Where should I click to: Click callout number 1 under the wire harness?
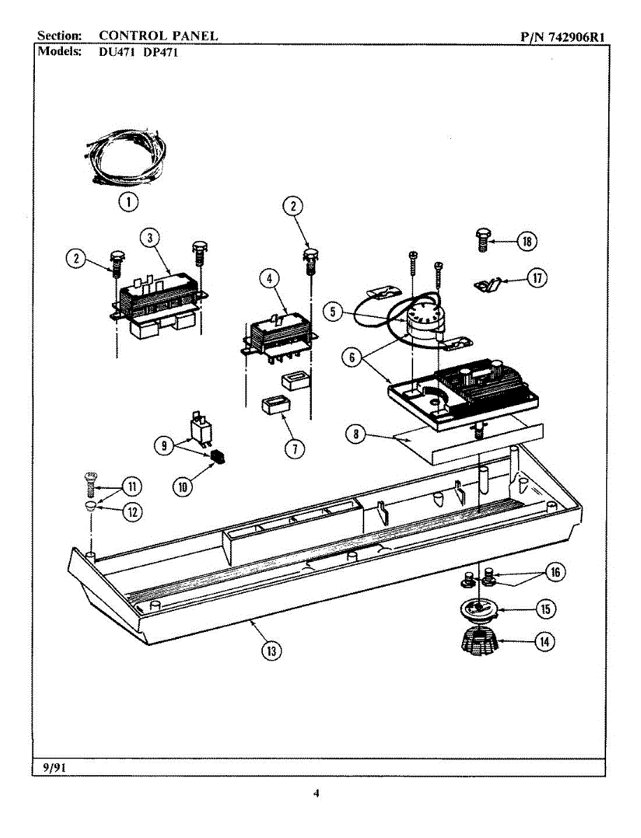127,202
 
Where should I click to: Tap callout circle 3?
150,237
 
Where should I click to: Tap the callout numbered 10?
182,487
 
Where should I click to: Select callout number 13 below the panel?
271,650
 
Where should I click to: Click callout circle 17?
536,278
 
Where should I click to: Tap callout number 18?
526,242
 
